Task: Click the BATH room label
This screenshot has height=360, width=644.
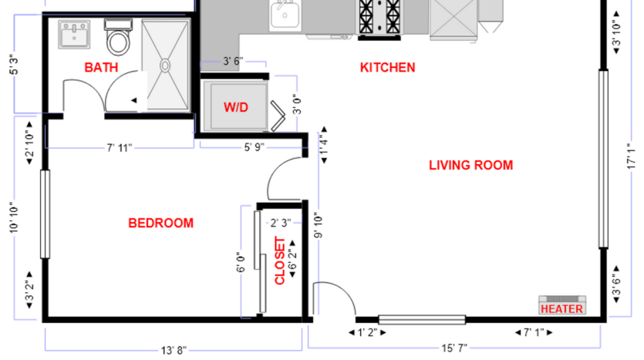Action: click(101, 68)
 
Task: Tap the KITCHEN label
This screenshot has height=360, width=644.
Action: click(387, 68)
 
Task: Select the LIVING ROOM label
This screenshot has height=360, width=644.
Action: click(470, 165)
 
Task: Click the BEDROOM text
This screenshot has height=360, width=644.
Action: click(160, 224)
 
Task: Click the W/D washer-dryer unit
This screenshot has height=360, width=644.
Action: click(236, 108)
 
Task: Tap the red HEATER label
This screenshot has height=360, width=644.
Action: click(561, 309)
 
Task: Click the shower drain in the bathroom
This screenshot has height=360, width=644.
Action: click(165, 66)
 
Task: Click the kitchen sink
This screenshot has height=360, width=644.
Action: click(285, 14)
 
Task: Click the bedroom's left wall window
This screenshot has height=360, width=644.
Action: click(46, 214)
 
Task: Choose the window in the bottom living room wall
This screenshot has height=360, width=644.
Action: click(422, 319)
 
